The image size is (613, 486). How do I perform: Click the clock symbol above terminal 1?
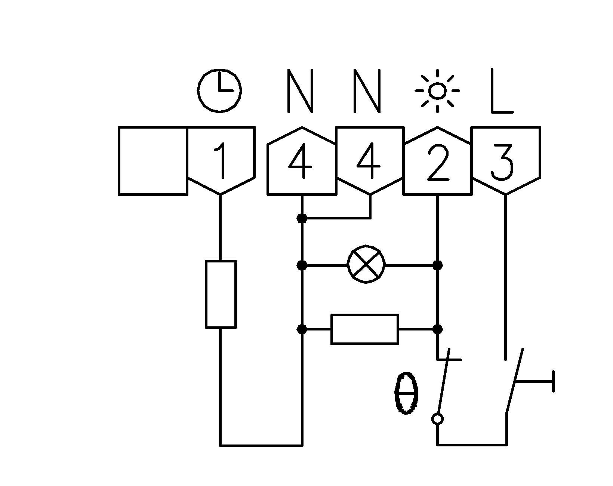219,90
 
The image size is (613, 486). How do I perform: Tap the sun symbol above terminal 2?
437,90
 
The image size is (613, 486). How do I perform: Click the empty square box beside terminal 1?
153,161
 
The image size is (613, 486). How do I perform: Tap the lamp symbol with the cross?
366,265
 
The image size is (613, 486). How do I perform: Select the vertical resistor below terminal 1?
221,294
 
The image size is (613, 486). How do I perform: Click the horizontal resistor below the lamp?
365,329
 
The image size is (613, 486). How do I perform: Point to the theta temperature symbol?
406,393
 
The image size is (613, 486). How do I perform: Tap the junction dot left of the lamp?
302,265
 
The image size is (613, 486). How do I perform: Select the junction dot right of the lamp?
437,265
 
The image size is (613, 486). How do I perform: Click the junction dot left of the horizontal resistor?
302,329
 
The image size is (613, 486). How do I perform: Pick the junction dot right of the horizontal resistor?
437,329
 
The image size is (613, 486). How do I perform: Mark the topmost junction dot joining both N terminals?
302,218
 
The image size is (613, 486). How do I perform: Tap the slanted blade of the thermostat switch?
444,381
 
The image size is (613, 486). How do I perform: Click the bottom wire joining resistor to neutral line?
261,445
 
